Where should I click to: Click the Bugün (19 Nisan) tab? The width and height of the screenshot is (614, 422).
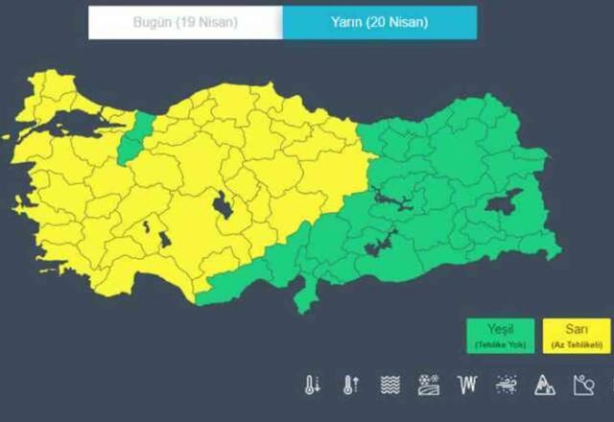click(185, 21)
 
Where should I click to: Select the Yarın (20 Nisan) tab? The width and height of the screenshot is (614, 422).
click(379, 21)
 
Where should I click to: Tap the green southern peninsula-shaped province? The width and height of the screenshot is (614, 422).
click(306, 293)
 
